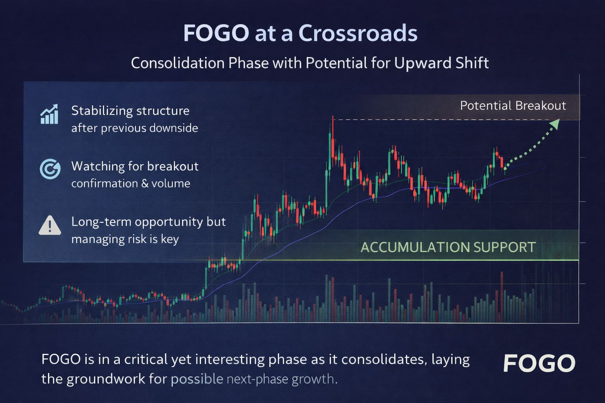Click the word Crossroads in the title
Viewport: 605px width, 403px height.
click(x=358, y=33)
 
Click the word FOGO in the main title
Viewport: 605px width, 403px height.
click(x=216, y=33)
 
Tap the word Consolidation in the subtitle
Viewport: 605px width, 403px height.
click(x=178, y=63)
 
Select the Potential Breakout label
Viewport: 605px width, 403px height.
click(x=513, y=105)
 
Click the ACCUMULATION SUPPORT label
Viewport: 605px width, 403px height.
click(x=448, y=247)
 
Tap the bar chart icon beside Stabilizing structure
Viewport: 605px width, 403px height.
click(x=49, y=114)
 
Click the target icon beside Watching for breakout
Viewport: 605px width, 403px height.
click(x=50, y=169)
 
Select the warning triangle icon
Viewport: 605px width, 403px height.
click(x=50, y=226)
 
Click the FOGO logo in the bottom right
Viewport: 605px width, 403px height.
click(x=539, y=363)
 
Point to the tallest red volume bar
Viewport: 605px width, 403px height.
click(x=502, y=297)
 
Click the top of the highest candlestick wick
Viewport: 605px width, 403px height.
click(x=333, y=116)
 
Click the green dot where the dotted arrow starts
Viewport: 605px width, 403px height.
click(x=505, y=169)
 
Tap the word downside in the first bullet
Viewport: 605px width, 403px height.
click(x=174, y=128)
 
